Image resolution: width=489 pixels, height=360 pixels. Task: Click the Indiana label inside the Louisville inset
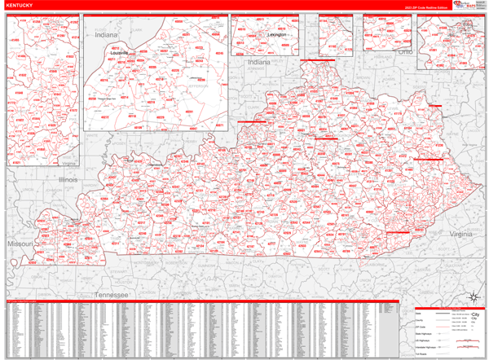pyautogui.click(x=106, y=36)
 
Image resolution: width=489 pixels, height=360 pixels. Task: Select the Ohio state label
pyautogui.click(x=405, y=50)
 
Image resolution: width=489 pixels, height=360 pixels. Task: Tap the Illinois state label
pyautogui.click(x=68, y=178)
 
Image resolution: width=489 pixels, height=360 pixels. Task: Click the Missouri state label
pyautogui.click(x=19, y=244)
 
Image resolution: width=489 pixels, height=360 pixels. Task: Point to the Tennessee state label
pyautogui.click(x=112, y=294)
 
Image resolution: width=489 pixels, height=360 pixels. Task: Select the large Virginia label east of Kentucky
pyautogui.click(x=463, y=234)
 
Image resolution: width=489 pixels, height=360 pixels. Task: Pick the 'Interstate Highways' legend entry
pyautogui.click(x=425, y=348)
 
